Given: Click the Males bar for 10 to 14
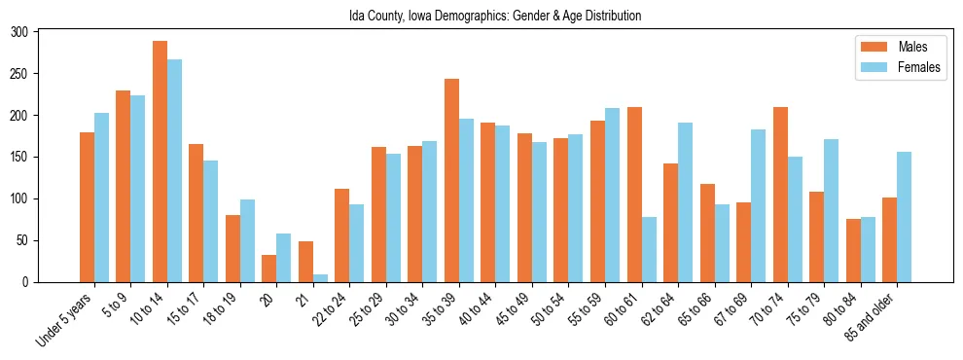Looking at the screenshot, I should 160,162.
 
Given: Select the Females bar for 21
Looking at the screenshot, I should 320,278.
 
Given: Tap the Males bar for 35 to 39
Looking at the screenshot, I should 452,180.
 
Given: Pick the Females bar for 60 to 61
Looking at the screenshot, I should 649,249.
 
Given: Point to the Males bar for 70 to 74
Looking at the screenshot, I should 780,195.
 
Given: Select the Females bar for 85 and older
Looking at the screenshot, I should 905,217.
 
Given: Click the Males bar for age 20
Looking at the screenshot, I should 269,269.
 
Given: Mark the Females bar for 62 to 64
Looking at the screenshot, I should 686,202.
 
